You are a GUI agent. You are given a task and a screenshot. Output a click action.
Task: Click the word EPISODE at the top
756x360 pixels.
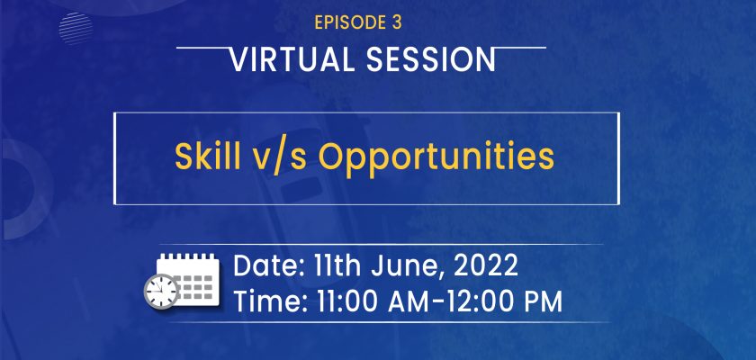click(x=349, y=23)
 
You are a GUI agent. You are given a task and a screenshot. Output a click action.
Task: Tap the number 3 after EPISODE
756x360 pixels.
click(x=396, y=23)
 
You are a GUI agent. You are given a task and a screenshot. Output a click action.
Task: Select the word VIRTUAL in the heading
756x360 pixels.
click(x=293, y=59)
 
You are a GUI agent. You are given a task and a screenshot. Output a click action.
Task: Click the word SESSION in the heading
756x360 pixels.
click(x=431, y=59)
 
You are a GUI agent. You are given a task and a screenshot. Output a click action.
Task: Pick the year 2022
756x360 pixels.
click(x=485, y=266)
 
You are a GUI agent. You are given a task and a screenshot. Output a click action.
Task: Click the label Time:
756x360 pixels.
click(x=271, y=301)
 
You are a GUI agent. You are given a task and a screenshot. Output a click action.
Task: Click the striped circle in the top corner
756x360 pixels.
click(x=76, y=29)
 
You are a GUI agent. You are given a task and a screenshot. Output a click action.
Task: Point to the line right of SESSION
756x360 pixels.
click(x=521, y=48)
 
